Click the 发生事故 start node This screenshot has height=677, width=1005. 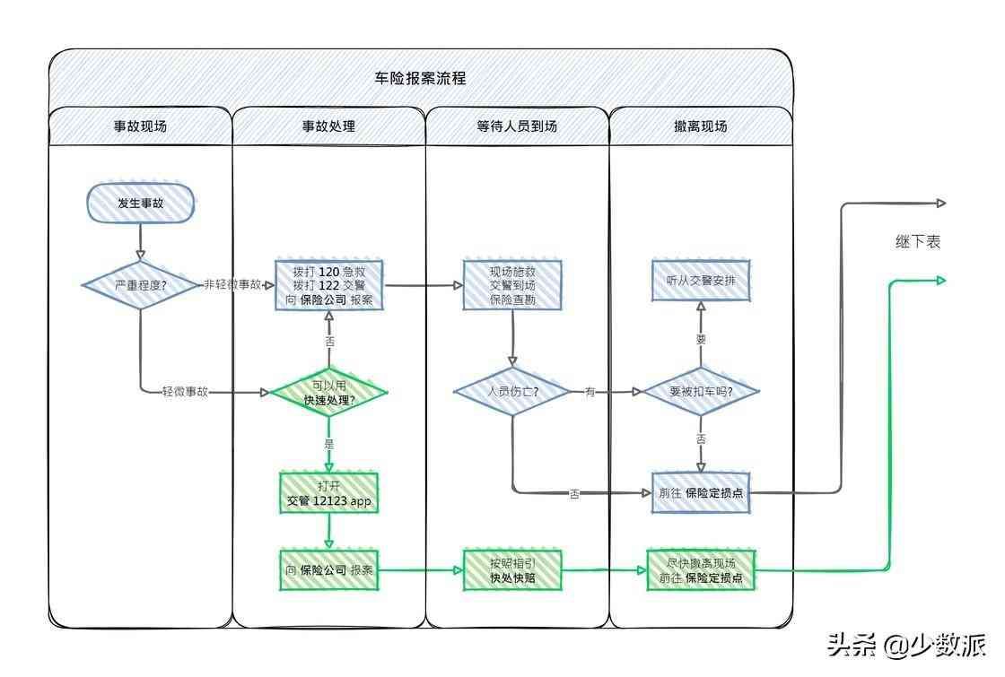point(140,204)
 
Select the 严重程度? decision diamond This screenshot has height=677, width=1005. point(140,285)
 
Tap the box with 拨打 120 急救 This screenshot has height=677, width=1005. point(328,285)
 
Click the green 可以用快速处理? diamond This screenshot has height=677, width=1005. point(328,393)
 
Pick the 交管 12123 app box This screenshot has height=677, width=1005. point(328,493)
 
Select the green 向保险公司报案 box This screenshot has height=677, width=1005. point(328,570)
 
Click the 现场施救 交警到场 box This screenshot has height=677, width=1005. point(512,285)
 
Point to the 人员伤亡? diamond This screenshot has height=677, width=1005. point(512,392)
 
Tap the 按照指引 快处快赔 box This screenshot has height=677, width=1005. point(512,570)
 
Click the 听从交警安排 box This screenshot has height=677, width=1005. point(701,281)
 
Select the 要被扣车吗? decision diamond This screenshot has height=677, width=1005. point(701,392)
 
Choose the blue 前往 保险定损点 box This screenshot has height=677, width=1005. point(701,493)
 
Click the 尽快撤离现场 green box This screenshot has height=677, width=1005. point(701,570)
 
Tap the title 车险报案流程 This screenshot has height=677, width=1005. point(420,78)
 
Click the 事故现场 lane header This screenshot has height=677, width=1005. point(140,126)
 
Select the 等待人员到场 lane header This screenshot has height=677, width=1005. point(517,126)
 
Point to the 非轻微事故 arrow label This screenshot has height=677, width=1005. point(232,284)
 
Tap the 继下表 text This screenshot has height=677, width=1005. point(917,242)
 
